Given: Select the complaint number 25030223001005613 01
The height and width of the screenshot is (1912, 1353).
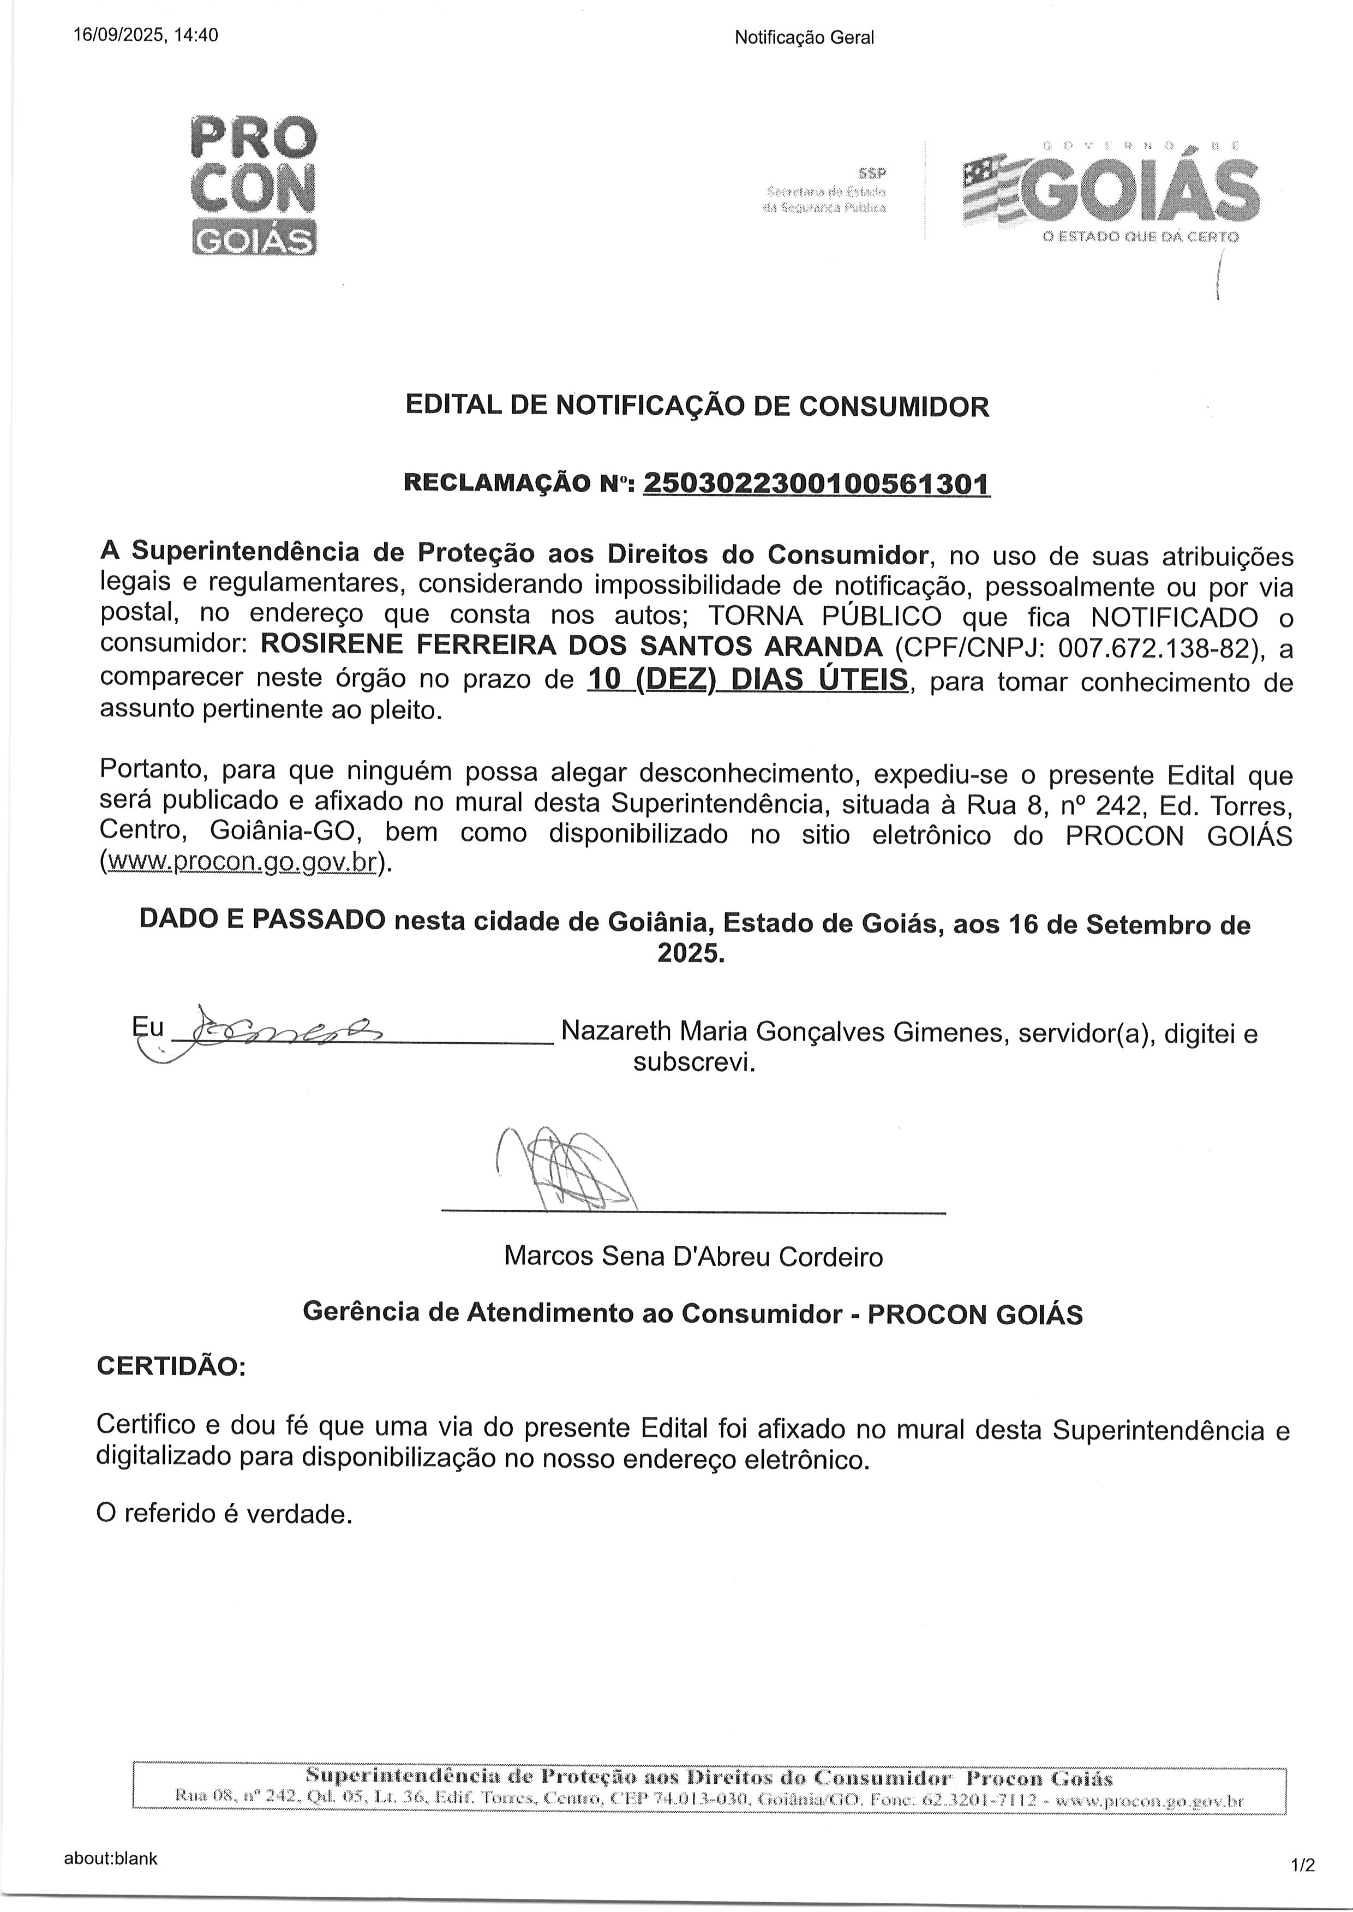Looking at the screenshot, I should click(817, 483).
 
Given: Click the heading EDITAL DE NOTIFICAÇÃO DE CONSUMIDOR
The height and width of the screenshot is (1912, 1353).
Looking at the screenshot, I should click(697, 407).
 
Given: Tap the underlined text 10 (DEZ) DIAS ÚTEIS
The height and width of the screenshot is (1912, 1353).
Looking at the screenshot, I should click(747, 680).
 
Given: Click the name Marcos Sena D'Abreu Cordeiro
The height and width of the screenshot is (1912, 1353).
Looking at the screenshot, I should click(693, 1256).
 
